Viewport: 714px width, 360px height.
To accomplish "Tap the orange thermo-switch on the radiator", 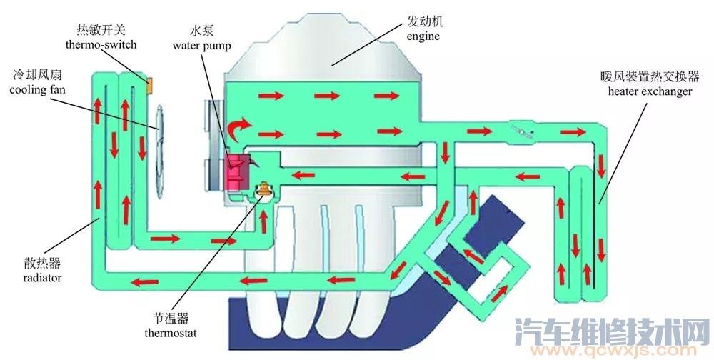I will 151,85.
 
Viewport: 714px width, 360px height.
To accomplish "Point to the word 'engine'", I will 423,36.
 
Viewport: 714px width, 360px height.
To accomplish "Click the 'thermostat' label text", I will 170,333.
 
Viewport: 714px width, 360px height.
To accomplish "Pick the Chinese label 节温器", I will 170,319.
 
